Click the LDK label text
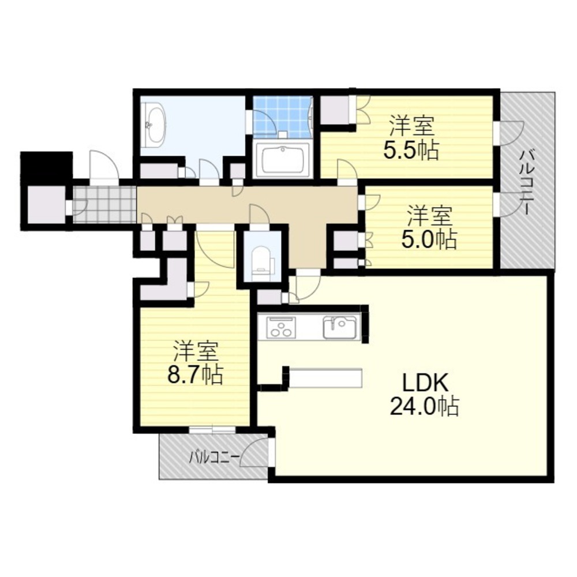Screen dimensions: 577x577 click(x=425, y=383)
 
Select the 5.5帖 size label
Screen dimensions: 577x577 click(x=411, y=151)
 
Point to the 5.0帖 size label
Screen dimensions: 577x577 click(x=429, y=239)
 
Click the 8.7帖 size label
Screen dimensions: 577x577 click(x=195, y=374)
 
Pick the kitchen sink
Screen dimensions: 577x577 click(x=339, y=327)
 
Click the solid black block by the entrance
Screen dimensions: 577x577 click(x=47, y=167)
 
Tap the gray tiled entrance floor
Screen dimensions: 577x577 click(x=104, y=205)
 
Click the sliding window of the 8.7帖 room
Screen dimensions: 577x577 click(x=213, y=430)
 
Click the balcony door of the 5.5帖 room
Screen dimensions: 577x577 click(x=509, y=133)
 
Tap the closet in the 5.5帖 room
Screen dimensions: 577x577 click(x=335, y=110)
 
